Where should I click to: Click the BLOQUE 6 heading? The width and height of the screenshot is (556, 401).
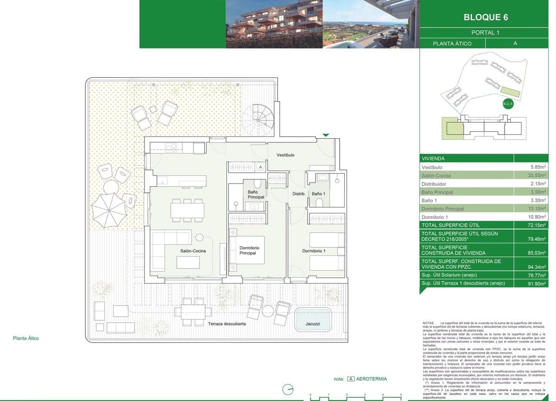pos(486,17)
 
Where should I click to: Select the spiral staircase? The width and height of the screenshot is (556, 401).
pos(261,118)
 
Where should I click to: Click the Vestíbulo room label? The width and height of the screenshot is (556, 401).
pos(285,155)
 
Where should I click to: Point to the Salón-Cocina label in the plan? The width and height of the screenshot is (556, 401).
pos(193,251)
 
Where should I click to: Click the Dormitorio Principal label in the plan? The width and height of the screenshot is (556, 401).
pos(249,251)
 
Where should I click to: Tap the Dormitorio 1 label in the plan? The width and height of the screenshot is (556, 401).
pos(314,251)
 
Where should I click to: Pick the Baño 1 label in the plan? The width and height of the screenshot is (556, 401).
pos(318,194)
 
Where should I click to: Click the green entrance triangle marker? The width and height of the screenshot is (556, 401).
pos(326,135)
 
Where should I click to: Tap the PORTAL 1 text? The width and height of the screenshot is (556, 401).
pos(485,32)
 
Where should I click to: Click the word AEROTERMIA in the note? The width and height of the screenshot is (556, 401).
pos(371,379)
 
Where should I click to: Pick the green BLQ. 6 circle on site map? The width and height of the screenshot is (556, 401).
pos(508,104)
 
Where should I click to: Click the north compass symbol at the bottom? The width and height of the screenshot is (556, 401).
pos(288,389)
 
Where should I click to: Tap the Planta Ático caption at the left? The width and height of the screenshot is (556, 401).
pos(26,338)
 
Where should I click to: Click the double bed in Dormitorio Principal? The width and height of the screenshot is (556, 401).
pos(246,250)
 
